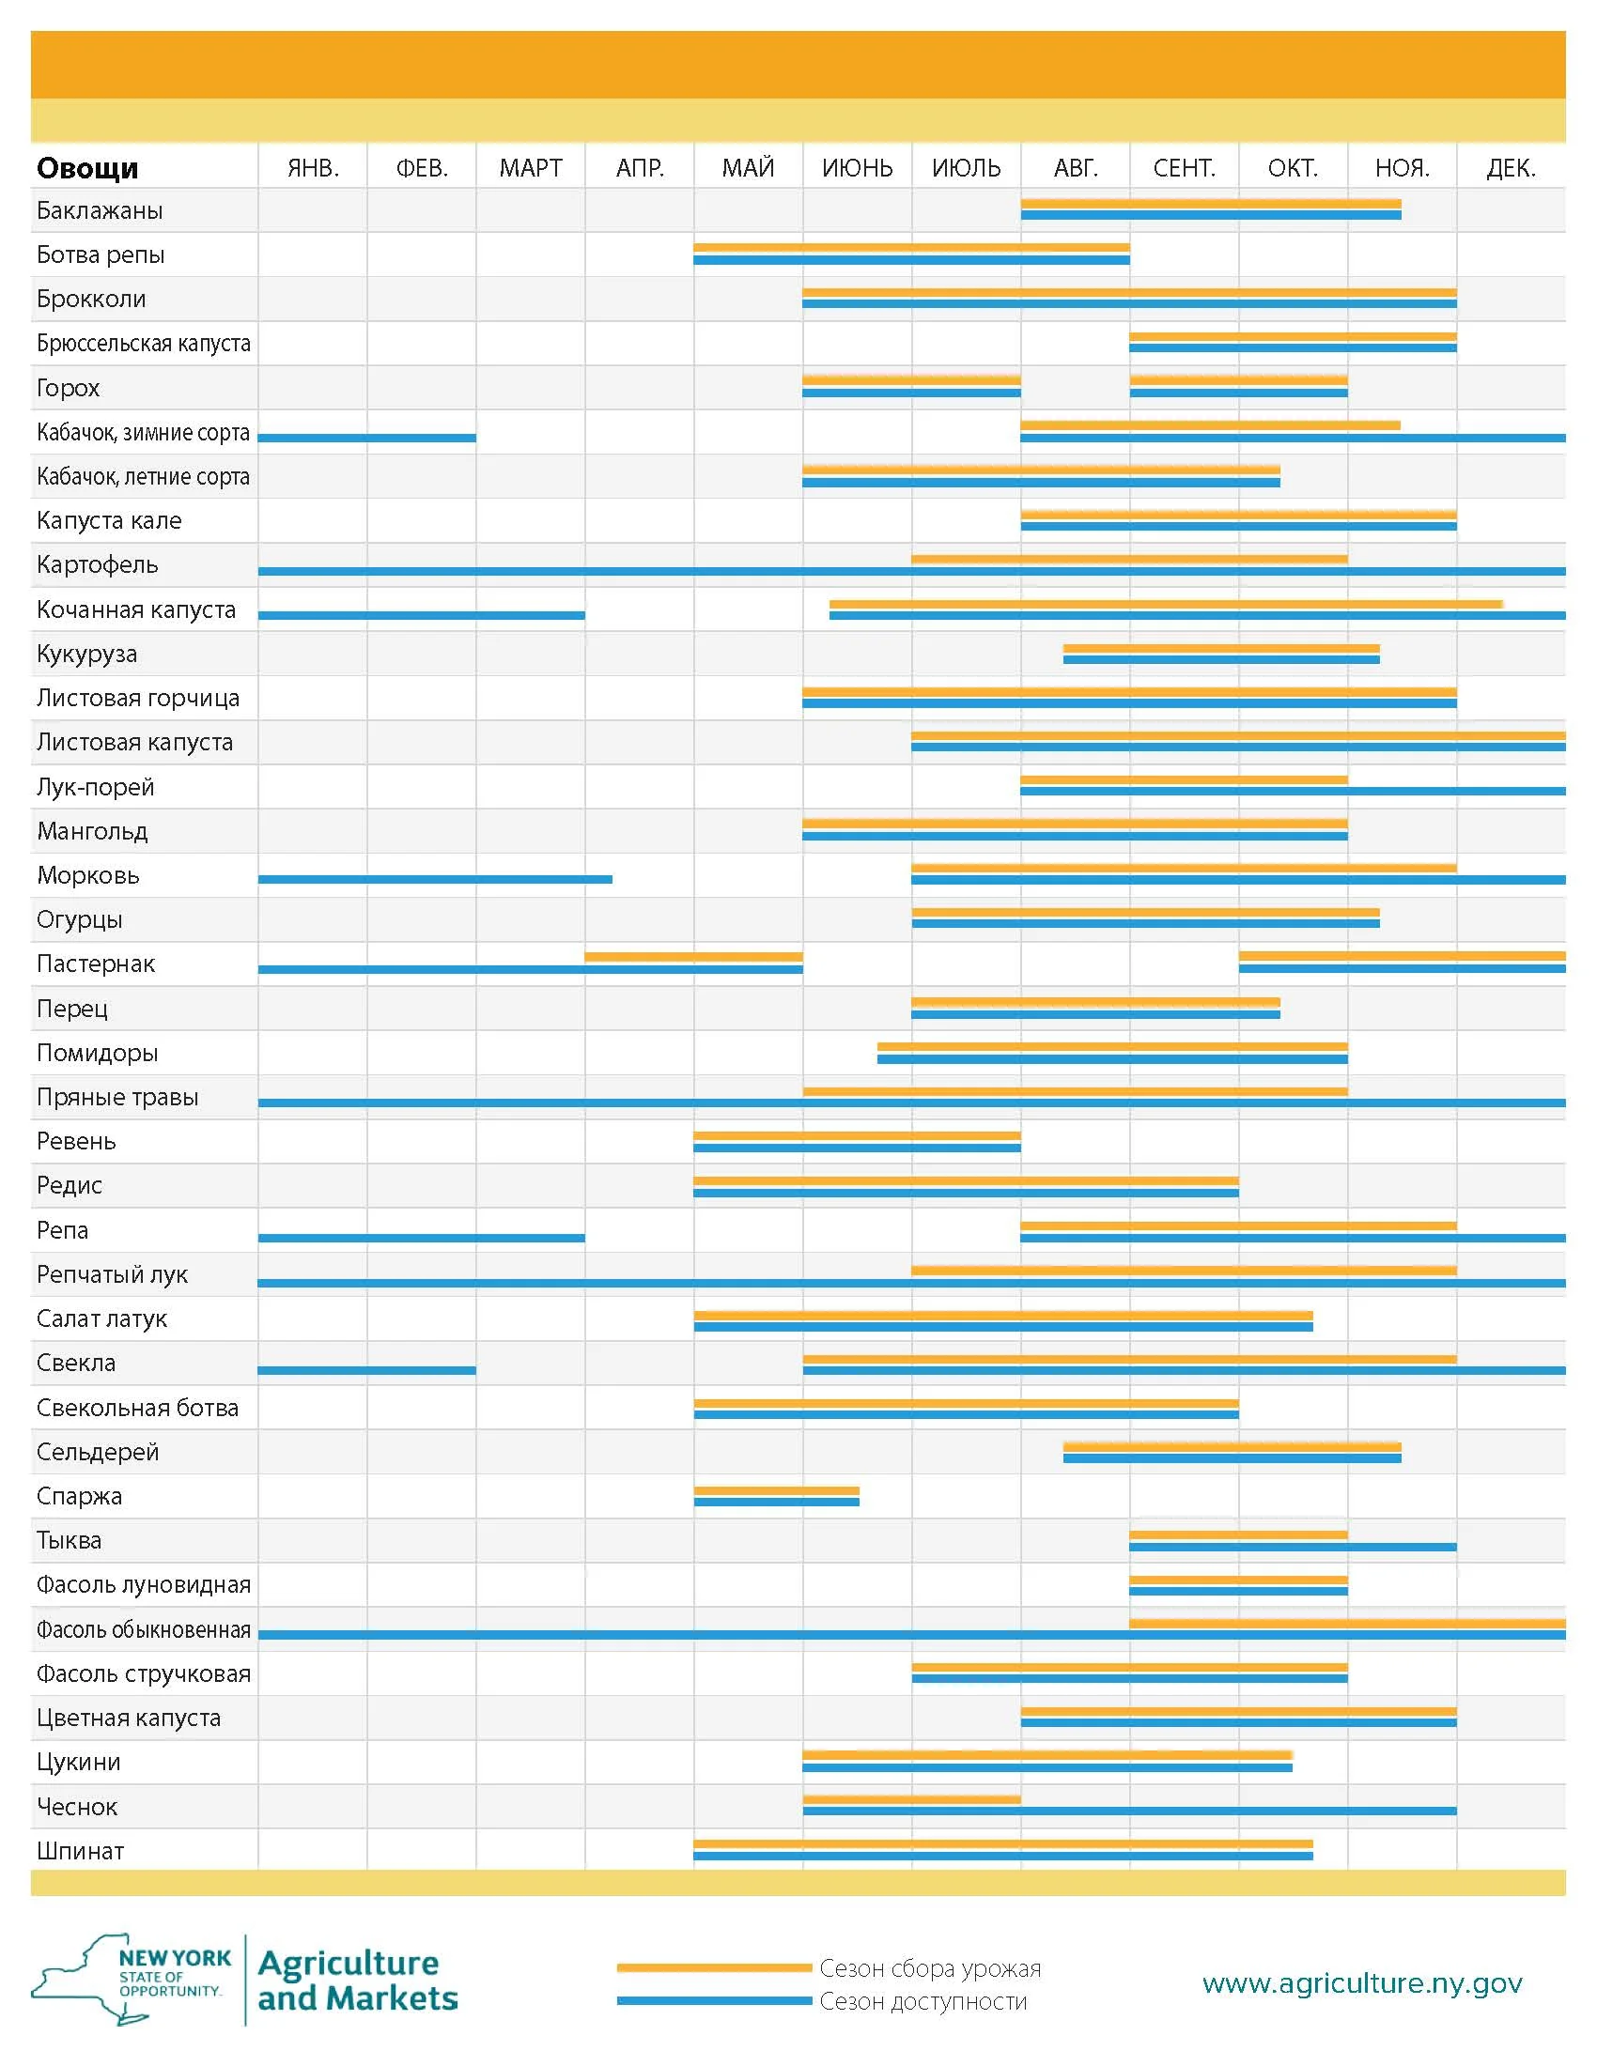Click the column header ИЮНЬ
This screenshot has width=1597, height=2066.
[x=856, y=168]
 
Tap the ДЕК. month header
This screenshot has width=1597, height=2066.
[x=1510, y=168]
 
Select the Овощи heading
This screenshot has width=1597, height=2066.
[x=87, y=168]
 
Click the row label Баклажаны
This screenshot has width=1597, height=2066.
[x=100, y=210]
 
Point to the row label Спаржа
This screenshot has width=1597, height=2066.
[x=80, y=1496]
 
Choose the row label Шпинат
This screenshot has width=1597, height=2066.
[x=81, y=1850]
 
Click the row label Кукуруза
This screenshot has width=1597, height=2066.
[x=87, y=654]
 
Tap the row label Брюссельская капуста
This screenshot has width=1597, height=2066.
[x=144, y=344]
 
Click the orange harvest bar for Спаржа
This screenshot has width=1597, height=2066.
[x=776, y=1490]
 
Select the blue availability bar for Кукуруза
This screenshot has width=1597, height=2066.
[x=1220, y=659]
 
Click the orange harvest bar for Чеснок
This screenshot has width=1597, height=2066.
[x=911, y=1798]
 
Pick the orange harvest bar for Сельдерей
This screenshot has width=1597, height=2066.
[x=1231, y=1446]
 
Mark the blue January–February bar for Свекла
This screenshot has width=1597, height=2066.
[x=366, y=1370]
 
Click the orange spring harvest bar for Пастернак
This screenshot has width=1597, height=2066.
[x=693, y=956]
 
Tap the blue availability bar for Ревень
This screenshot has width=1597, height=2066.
[x=856, y=1148]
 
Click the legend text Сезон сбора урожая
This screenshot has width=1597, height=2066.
[x=929, y=1968]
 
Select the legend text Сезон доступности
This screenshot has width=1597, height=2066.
[x=923, y=2002]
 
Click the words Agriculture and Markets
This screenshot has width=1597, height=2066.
[x=357, y=1981]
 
